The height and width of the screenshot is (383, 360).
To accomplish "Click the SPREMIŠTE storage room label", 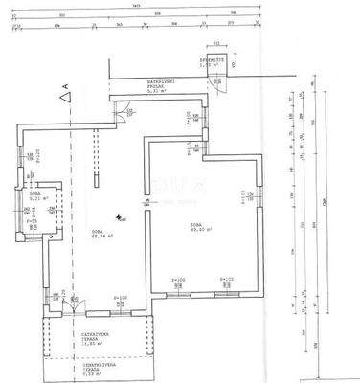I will [216, 60].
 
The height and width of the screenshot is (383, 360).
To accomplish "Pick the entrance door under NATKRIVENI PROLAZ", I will [122, 111].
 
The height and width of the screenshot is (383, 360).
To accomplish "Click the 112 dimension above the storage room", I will [217, 43].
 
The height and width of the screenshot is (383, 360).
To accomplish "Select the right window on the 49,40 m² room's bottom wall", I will [227, 286].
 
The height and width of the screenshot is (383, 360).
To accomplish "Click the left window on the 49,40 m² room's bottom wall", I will [178, 286].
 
